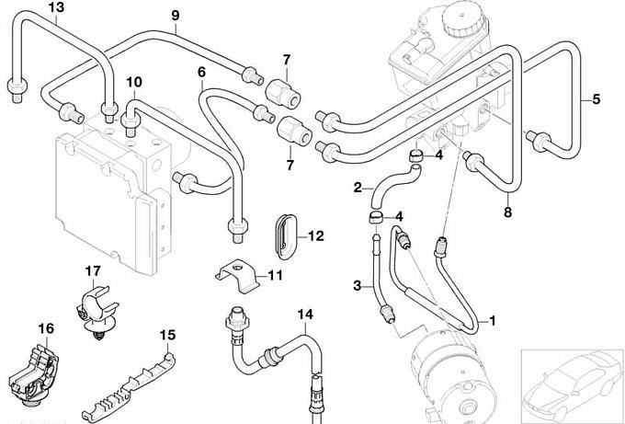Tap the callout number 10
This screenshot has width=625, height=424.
coord(134,82)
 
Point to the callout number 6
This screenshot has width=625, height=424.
coord(201,72)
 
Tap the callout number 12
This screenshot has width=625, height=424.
coord(315,235)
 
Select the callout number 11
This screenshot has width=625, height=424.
coord(275,276)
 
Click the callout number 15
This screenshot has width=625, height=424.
coord(167,334)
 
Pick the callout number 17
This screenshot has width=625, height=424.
coord(93,270)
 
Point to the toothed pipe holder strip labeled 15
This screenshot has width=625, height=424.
coord(129,383)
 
